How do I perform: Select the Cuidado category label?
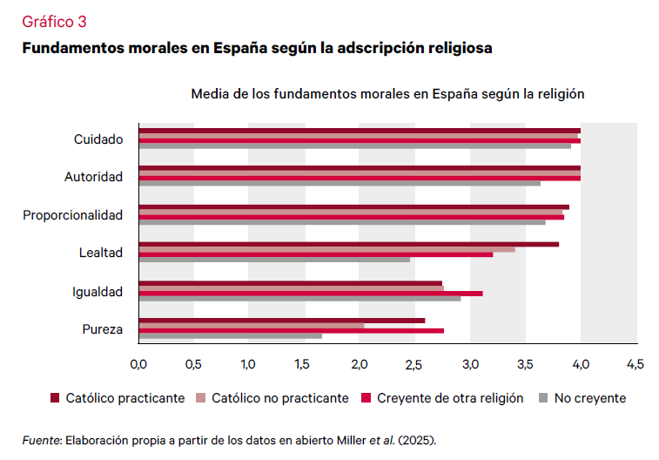click(98, 139)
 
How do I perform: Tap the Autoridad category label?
click(94, 177)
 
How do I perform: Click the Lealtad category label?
click(102, 253)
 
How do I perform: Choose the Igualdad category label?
click(98, 292)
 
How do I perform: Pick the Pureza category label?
click(103, 329)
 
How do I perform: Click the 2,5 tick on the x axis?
click(414, 362)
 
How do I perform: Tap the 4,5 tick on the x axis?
click(635, 362)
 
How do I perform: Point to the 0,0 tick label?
click(138, 362)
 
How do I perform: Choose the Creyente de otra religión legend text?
click(450, 398)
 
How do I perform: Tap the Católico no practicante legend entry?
click(280, 398)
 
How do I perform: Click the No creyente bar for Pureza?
click(230, 336)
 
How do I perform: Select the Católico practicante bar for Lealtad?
click(348, 244)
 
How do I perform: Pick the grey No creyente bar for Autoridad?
click(340, 183)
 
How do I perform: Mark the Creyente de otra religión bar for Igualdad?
click(310, 293)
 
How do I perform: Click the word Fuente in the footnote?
click(39, 440)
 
